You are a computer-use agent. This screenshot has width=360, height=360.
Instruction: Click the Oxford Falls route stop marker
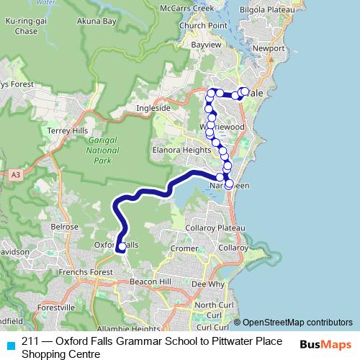(x=121, y=247)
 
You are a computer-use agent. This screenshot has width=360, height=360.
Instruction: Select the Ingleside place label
(x=153, y=109)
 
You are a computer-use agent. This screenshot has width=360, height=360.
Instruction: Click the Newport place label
(x=269, y=48)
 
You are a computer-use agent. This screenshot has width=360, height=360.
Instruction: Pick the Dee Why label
(x=207, y=284)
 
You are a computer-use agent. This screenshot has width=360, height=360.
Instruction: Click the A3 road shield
(x=15, y=174)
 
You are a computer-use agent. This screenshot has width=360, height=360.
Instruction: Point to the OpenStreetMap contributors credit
(x=292, y=323)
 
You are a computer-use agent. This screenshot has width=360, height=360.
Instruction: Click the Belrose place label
(x=64, y=226)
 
